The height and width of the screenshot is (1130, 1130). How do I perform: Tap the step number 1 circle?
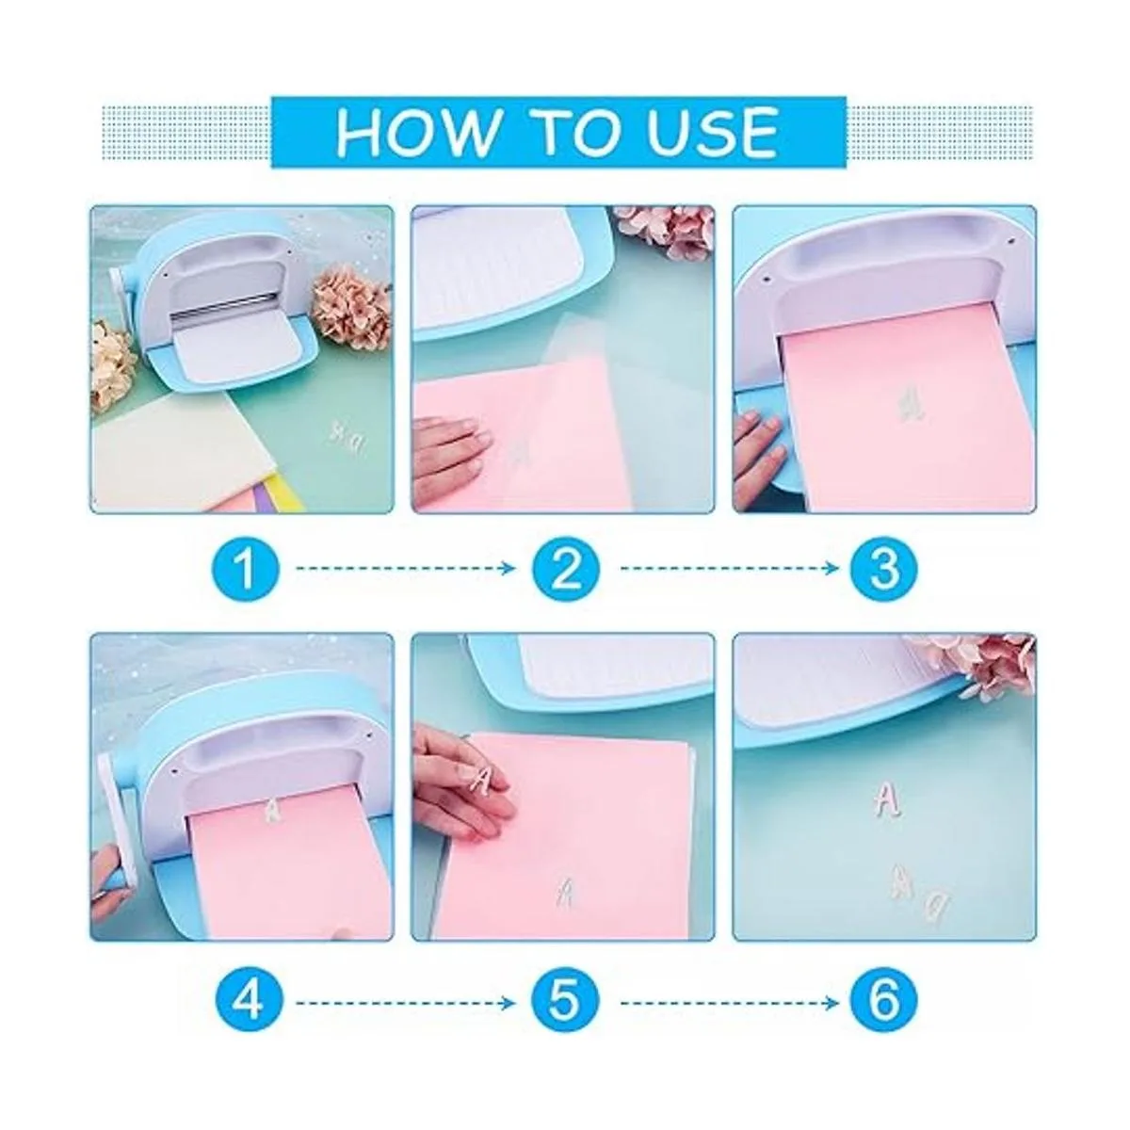(247, 568)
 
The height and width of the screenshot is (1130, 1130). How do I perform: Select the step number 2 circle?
(566, 568)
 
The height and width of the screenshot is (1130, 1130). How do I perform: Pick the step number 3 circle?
(884, 568)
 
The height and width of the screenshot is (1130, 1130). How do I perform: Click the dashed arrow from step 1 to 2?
(405, 568)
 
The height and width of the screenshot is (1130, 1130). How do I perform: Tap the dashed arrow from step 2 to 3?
(729, 568)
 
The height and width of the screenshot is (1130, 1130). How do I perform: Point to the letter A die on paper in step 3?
(910, 403)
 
